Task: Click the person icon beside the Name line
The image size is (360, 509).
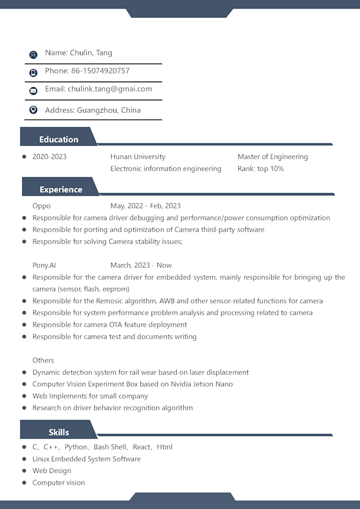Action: pyautogui.click(x=33, y=54)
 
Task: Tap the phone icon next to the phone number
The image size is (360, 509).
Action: pyautogui.click(x=33, y=72)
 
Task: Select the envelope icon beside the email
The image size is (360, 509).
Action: pyautogui.click(x=33, y=90)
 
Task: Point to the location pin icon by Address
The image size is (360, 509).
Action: pyautogui.click(x=33, y=110)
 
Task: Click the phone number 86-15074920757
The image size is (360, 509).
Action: pyautogui.click(x=100, y=71)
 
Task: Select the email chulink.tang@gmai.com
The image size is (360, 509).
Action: pyautogui.click(x=110, y=89)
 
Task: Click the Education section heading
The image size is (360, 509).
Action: pyautogui.click(x=59, y=140)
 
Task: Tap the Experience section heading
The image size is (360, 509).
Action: pyautogui.click(x=61, y=189)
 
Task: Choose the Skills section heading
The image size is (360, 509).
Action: pyautogui.click(x=59, y=432)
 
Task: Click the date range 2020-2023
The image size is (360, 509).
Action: pyautogui.click(x=49, y=157)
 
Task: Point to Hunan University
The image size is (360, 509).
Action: pyautogui.click(x=138, y=157)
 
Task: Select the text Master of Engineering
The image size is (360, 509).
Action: pyautogui.click(x=273, y=157)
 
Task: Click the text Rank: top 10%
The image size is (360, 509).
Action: pyautogui.click(x=260, y=169)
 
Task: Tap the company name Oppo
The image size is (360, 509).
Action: pyautogui.click(x=41, y=206)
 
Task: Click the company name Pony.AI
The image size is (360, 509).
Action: pyautogui.click(x=44, y=265)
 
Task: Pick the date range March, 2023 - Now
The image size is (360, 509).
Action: pyautogui.click(x=141, y=265)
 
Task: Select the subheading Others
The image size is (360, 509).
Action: pyautogui.click(x=43, y=360)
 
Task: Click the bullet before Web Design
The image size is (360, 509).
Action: pyautogui.click(x=24, y=470)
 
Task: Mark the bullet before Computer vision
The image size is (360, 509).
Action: pyautogui.click(x=24, y=483)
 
